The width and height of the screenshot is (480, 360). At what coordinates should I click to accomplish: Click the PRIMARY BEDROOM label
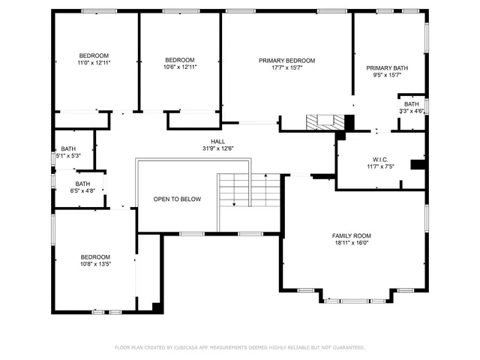point(286,61)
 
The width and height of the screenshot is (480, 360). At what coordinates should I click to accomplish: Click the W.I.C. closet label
point(379,159)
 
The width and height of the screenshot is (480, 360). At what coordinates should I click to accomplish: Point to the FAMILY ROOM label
point(352,235)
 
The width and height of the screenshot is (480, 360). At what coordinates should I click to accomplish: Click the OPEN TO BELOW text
point(177,199)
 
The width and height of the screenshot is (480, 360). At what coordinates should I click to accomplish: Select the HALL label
point(217,141)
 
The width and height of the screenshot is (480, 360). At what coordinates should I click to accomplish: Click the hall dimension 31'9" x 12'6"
point(217,148)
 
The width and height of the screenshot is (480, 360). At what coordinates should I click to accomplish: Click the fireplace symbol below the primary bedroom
point(326,121)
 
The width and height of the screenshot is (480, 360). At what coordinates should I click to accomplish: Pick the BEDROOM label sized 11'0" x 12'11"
point(94,55)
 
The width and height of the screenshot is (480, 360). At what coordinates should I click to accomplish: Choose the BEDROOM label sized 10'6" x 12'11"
point(180,60)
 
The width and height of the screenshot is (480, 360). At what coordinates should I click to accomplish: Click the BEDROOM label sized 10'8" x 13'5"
point(95,256)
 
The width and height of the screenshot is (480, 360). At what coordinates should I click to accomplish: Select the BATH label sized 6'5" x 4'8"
point(82,184)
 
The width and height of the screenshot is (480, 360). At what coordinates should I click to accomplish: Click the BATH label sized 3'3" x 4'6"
point(412,104)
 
